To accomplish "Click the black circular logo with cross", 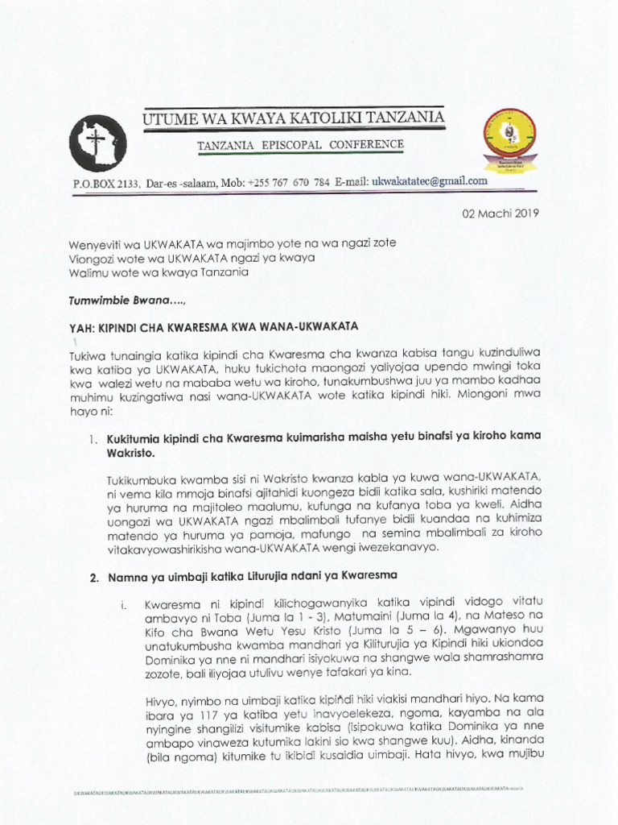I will (x=97, y=144).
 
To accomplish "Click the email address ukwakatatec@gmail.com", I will (x=428, y=181).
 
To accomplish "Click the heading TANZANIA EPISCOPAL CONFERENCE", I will (x=301, y=145).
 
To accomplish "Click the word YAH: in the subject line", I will (x=85, y=326).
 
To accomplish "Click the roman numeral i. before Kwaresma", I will (x=122, y=604).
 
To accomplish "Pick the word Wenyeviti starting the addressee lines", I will (x=98, y=243).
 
